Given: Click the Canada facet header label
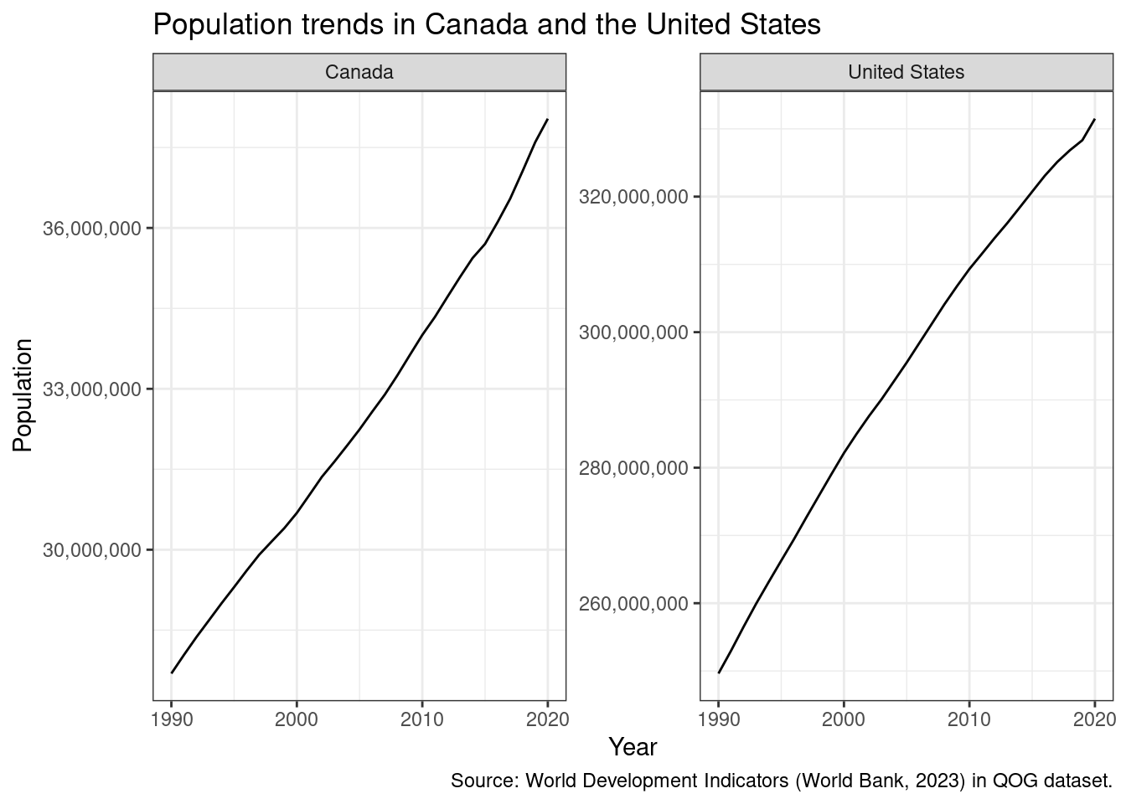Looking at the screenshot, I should click(359, 72).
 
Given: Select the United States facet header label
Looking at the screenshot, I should click(906, 72).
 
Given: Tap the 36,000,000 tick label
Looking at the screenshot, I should click(92, 229).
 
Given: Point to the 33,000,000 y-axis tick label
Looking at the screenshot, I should click(92, 389).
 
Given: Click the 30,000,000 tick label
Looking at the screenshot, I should click(92, 550).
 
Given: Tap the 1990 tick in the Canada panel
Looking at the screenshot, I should click(172, 719).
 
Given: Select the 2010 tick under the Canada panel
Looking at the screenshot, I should click(422, 719).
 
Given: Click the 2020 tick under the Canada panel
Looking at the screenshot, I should click(547, 719).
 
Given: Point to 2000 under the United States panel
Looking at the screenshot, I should click(844, 719).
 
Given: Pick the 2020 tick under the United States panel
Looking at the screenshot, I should click(1094, 719).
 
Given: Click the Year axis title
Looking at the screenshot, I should click(633, 747).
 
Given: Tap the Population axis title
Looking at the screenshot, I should click(23, 395).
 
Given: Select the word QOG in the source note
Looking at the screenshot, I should click(1011, 781).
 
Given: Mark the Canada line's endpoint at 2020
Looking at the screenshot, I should click(547, 120).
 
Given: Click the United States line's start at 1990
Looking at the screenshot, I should click(719, 673).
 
